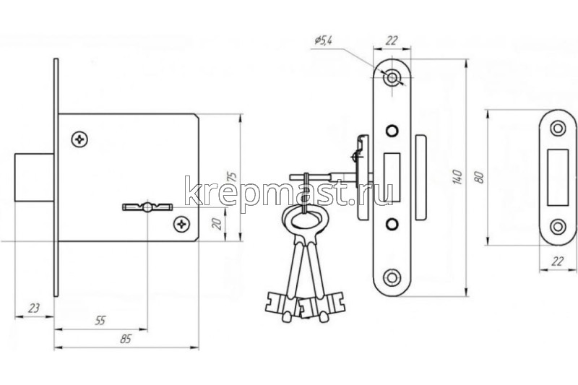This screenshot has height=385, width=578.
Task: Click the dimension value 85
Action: pos(126,339)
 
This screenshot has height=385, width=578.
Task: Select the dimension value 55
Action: pos(100,321)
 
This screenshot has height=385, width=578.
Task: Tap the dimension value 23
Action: pos(33,308)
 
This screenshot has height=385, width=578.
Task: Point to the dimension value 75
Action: pos(232,176)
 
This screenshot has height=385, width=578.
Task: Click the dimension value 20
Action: pos(217,224)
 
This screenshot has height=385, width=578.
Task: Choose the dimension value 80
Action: pos(479,177)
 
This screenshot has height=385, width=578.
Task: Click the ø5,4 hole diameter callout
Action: pos(323,40)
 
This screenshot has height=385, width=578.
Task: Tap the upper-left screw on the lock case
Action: pos(79,139)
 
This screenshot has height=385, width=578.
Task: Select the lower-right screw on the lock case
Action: pos(182,224)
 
